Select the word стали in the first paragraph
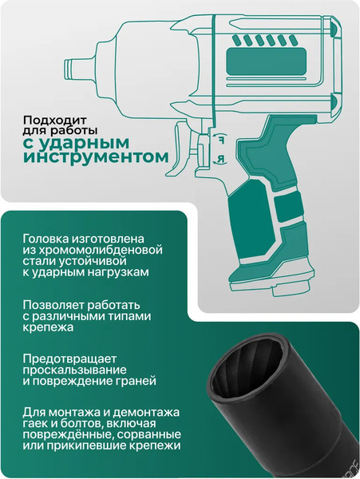click(x=38, y=260)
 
